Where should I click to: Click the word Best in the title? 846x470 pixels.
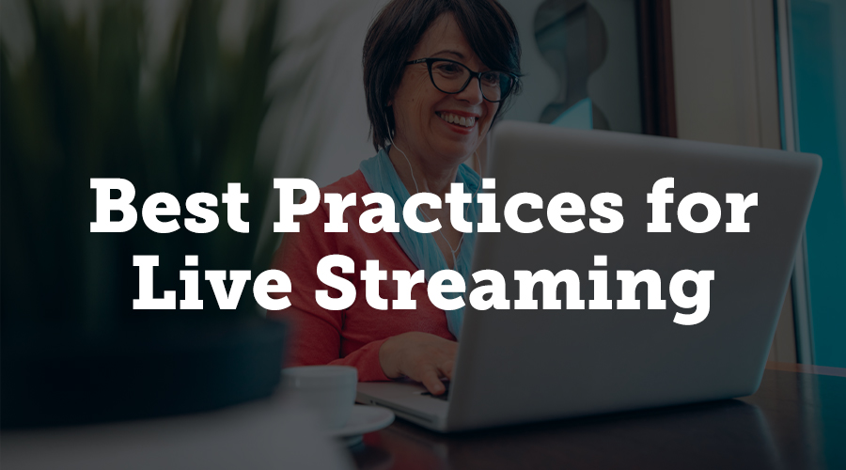[169, 206]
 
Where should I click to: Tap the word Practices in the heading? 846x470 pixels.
[447, 205]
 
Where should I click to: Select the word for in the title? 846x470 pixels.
[701, 205]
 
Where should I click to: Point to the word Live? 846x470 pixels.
[212, 282]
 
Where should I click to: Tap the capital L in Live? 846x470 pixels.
[156, 282]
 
